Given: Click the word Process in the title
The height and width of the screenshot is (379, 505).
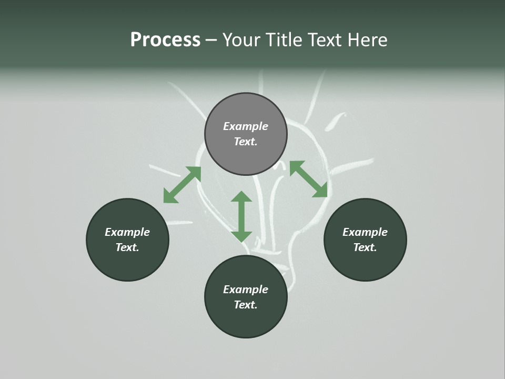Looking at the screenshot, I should (165, 39).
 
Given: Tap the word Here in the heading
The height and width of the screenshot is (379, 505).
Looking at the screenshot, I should (366, 39).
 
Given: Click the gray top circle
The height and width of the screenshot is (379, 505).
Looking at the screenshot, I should (246, 134).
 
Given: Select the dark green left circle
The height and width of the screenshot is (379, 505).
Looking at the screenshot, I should (127, 240).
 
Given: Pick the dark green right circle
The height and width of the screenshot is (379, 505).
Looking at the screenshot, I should (365, 240).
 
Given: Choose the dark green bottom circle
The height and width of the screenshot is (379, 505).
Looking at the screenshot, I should (246, 297).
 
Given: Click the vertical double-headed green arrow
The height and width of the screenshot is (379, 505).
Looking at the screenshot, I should (241, 216).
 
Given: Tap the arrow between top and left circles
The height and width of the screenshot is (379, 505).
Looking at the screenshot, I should (182, 184).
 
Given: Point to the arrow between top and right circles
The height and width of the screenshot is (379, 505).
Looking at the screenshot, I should (308, 179).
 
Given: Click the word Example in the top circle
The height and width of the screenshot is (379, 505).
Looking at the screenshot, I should (246, 126).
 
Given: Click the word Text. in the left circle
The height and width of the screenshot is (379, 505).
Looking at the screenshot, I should (127, 247).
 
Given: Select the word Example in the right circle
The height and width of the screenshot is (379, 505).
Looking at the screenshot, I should (365, 232).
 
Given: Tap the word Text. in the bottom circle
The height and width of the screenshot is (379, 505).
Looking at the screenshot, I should (246, 305).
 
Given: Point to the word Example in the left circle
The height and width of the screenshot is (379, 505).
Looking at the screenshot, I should (127, 232).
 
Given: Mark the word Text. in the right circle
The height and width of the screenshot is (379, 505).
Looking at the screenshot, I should (365, 247).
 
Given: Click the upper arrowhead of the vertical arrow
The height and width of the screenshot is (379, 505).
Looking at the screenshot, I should (241, 197).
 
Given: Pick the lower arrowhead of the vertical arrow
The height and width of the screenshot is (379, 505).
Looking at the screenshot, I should (241, 236).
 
